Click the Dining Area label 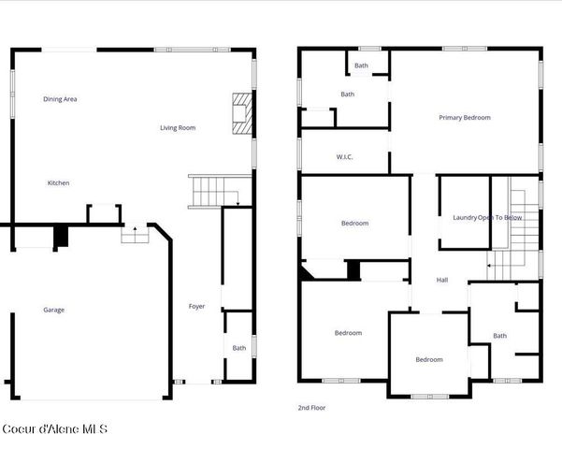60,98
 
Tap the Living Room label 178,127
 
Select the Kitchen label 59,183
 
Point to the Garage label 54,310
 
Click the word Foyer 196,306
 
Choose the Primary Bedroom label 465,118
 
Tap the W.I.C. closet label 344,157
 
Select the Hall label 442,279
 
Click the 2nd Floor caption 312,408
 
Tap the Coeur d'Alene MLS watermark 54,429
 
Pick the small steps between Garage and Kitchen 135,234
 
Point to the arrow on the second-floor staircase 489,265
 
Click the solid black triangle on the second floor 308,271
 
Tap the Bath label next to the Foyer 239,348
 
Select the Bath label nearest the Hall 500,336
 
